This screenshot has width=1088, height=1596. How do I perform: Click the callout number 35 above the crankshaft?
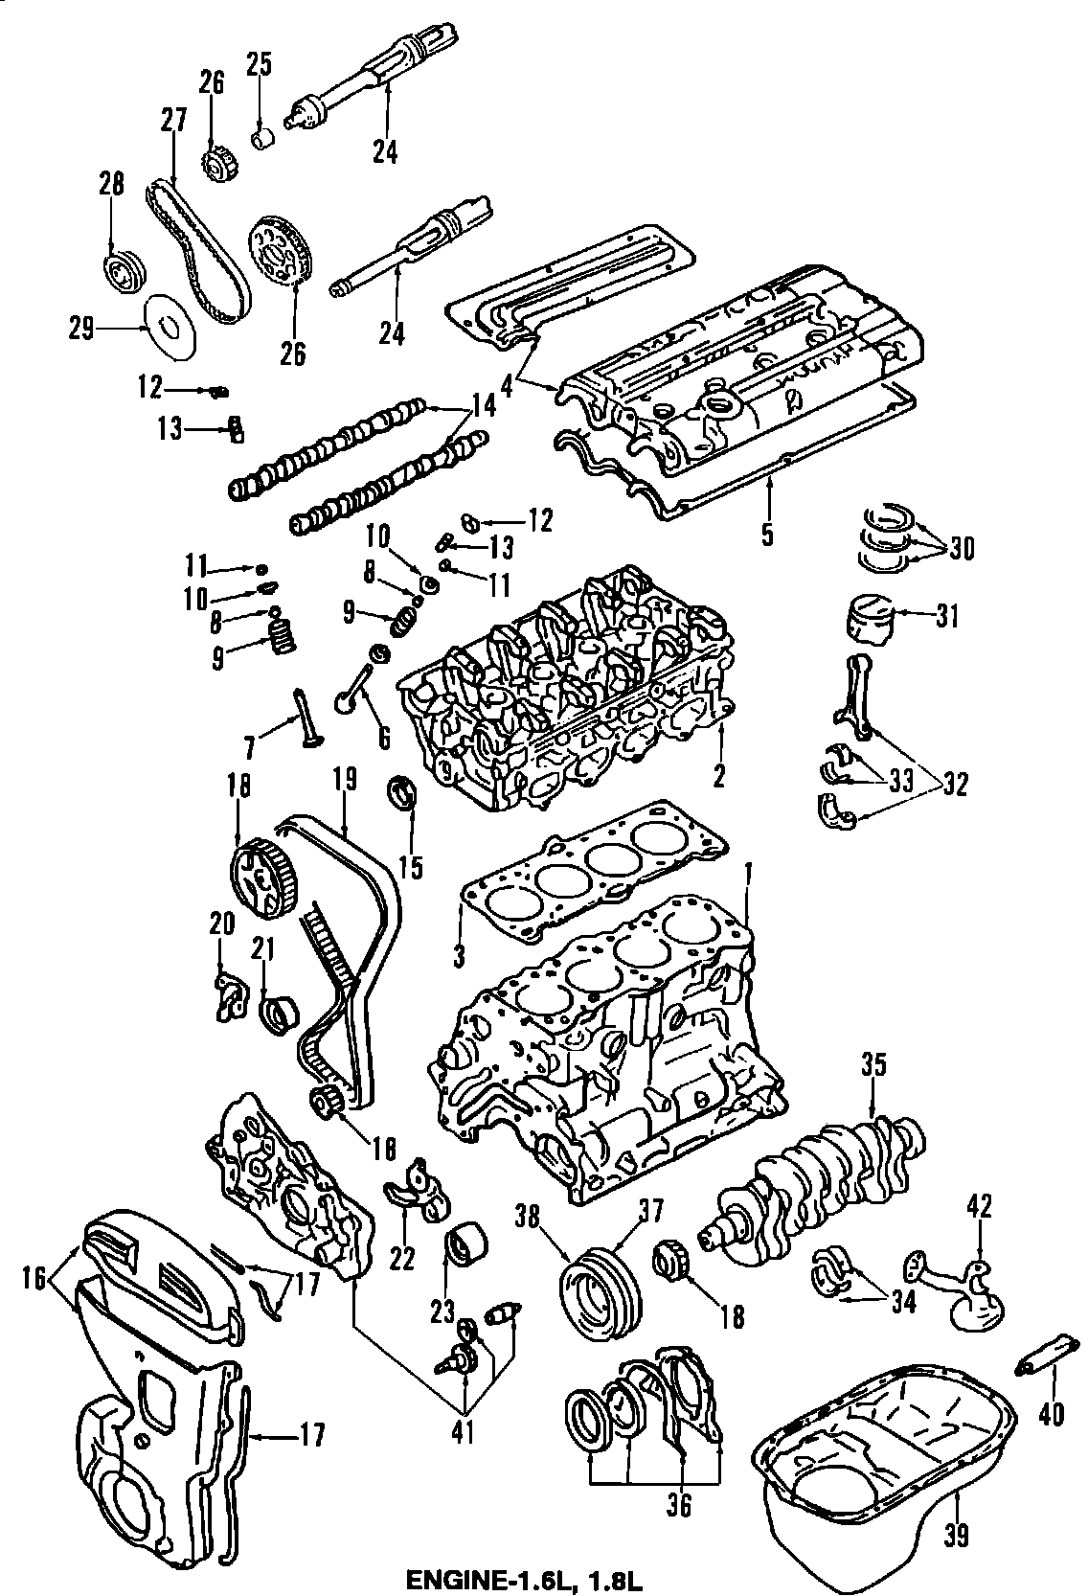[x=873, y=1064]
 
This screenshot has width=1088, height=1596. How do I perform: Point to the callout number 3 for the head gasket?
[x=459, y=955]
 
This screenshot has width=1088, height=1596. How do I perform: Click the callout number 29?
[x=81, y=331]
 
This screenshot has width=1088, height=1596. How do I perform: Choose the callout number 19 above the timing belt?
[x=346, y=778]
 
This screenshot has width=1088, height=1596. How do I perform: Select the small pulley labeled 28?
[x=122, y=271]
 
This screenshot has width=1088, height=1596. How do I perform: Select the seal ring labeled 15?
[x=403, y=795]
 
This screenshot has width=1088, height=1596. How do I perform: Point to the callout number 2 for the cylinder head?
[x=719, y=773]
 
